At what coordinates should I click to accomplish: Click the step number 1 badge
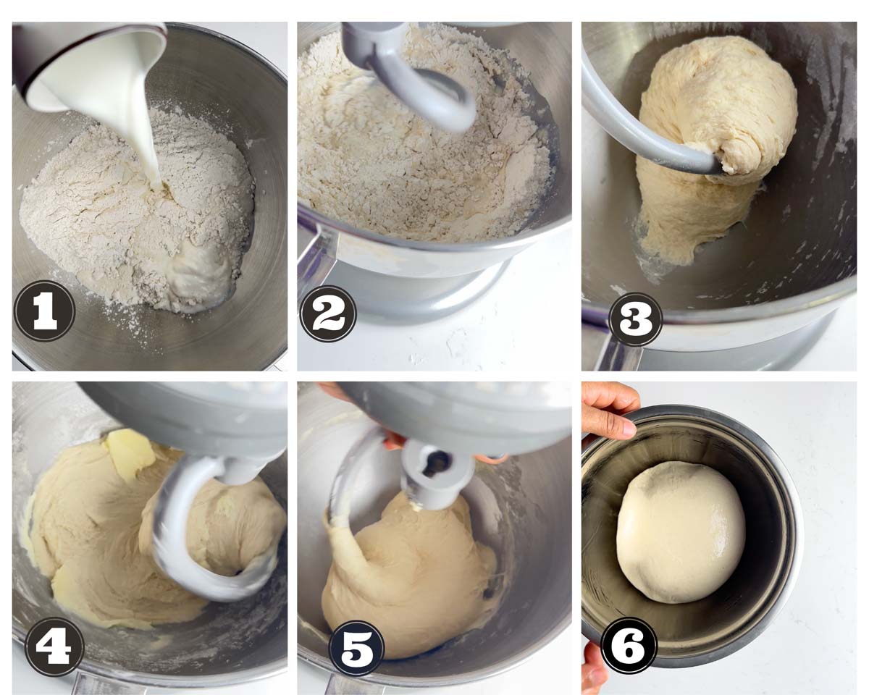point(44,311)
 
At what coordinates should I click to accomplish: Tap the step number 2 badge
point(328,313)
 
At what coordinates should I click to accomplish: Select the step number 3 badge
point(635,319)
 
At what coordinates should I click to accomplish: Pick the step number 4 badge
point(54,647)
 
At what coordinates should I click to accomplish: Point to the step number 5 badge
point(356,648)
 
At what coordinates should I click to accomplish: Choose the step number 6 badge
point(629,646)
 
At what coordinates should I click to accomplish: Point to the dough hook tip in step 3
point(714,166)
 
